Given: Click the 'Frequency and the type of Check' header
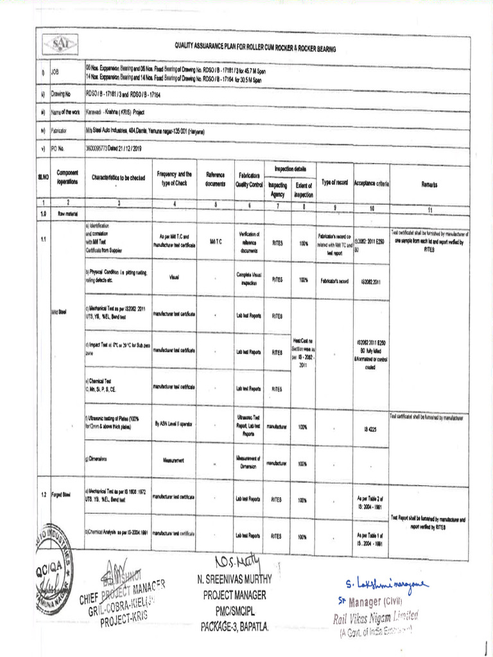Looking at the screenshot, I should (174, 178).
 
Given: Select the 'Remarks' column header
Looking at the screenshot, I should (429, 184).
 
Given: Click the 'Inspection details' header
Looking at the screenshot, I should (290, 169).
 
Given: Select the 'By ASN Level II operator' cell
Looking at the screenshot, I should (174, 423).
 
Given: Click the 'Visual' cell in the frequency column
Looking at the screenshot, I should (174, 278).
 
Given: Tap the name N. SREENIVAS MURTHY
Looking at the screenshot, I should (236, 580).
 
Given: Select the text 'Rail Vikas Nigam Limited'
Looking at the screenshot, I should (376, 617).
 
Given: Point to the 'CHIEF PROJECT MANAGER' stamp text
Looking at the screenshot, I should (123, 594).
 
